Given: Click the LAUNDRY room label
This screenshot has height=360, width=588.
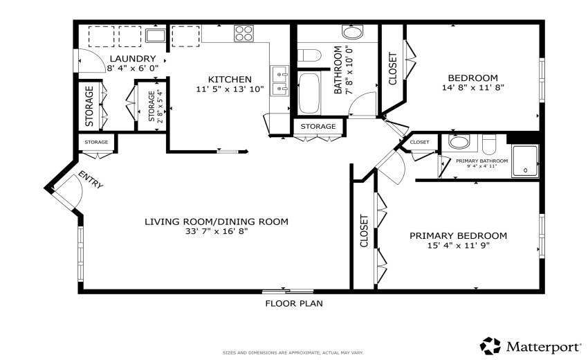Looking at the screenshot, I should click(131, 59).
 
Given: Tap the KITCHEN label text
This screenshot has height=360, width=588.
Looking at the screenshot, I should click(230, 79).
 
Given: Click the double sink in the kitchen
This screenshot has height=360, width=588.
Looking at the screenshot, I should click(280, 80).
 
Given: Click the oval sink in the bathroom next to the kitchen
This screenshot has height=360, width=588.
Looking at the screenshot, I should click(352, 33).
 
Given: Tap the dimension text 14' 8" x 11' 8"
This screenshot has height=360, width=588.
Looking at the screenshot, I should click(472, 88).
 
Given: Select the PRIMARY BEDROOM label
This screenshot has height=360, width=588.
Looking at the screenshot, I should click(458, 235).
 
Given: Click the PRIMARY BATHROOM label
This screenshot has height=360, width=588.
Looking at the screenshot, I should click(482, 161).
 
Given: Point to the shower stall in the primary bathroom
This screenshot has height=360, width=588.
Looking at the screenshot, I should click(525, 162).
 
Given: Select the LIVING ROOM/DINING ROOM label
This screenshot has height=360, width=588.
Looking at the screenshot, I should click(216, 222).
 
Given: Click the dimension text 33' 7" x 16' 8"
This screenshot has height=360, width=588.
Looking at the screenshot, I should click(216, 232).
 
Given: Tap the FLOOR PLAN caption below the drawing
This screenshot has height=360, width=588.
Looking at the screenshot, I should click(294, 303).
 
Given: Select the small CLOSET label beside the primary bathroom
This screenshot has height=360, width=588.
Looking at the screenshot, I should click(419, 142).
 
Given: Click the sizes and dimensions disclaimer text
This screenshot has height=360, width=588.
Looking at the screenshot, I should click(293, 352).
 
